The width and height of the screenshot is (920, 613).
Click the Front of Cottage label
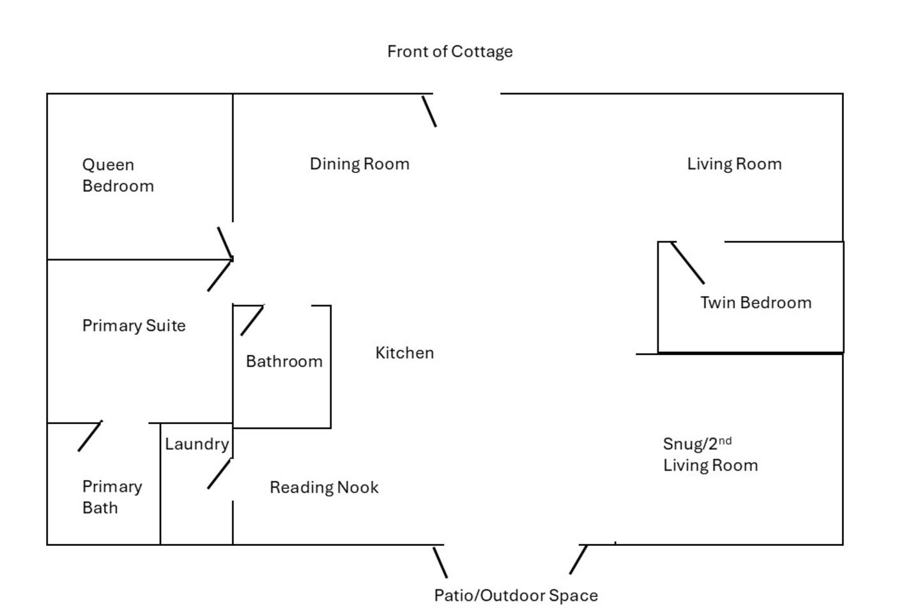(x=450, y=52)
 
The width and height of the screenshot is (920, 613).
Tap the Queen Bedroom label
(x=118, y=176)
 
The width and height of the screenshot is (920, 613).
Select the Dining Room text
(x=359, y=164)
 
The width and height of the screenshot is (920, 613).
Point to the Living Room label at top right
(x=734, y=164)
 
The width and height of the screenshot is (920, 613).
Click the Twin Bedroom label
(x=756, y=303)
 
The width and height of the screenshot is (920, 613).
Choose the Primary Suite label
(x=134, y=326)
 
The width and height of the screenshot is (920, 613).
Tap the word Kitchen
(x=404, y=353)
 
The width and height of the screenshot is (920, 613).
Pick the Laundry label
(x=197, y=444)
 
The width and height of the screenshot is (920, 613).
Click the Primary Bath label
(x=112, y=497)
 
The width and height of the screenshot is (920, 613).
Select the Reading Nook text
(x=324, y=488)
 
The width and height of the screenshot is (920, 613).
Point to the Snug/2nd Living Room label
(x=710, y=455)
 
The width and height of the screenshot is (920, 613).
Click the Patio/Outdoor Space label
(x=516, y=596)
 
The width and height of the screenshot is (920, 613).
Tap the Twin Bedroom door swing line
(x=688, y=263)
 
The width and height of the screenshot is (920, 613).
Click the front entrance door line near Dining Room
(x=429, y=112)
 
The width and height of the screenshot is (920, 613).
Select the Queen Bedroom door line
(x=224, y=242)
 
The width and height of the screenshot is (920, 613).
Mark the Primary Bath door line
(x=89, y=436)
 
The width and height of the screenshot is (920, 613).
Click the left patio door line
(x=440, y=562)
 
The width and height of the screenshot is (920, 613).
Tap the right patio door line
(x=578, y=559)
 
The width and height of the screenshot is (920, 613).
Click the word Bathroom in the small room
(x=284, y=362)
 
